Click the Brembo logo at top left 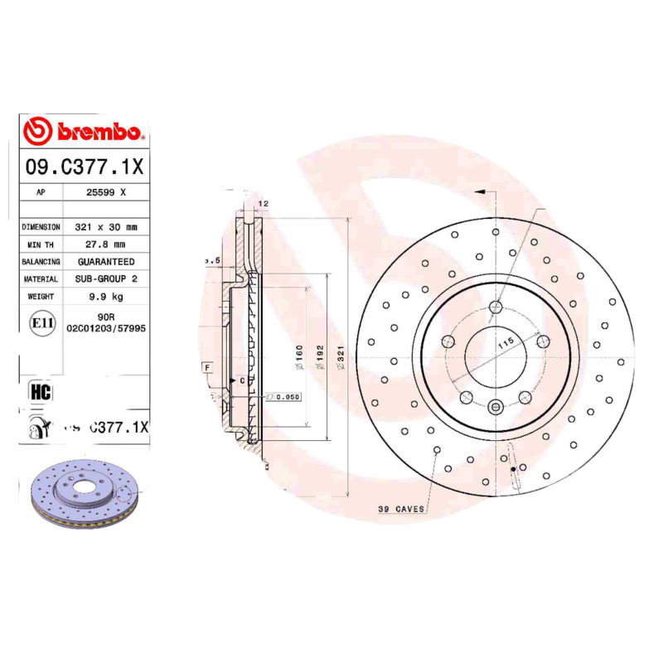[x=85, y=132]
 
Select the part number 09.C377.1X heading [x=85, y=167]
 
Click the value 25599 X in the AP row [x=106, y=191]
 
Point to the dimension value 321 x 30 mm [x=106, y=226]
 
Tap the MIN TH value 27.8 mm [x=106, y=244]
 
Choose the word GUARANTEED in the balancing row [x=106, y=261]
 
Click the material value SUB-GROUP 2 [x=106, y=279]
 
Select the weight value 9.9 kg [x=106, y=297]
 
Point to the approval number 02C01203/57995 [x=106, y=328]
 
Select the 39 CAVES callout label [x=401, y=508]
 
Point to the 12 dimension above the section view [x=264, y=203]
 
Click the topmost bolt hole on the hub [x=496, y=308]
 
